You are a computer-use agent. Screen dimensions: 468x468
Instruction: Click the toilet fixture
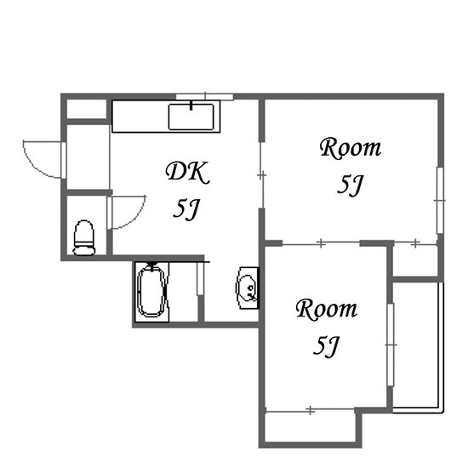(x=84, y=237)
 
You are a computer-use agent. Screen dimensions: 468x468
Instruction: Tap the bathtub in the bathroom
(x=152, y=291)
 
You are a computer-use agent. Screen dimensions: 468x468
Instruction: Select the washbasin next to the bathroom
(x=247, y=288)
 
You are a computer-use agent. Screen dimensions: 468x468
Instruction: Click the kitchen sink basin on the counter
(x=191, y=117)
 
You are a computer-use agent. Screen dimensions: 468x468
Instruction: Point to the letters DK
(x=187, y=172)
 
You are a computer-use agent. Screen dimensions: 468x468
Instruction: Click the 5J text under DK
(x=185, y=209)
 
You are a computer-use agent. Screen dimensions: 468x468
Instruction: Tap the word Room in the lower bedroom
(x=327, y=309)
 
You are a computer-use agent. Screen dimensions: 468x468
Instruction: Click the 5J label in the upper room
(x=350, y=185)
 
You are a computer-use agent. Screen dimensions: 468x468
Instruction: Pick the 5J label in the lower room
(x=326, y=346)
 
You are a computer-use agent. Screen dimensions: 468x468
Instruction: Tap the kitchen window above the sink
(x=204, y=97)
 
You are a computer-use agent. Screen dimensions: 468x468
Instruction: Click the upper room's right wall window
(x=440, y=201)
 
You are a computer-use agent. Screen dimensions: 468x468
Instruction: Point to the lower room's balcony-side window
(x=391, y=345)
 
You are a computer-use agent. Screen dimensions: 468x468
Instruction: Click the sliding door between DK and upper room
(x=261, y=175)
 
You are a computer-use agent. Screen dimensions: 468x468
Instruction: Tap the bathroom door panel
(x=200, y=278)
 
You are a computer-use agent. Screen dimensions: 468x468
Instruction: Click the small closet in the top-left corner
(x=87, y=109)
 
